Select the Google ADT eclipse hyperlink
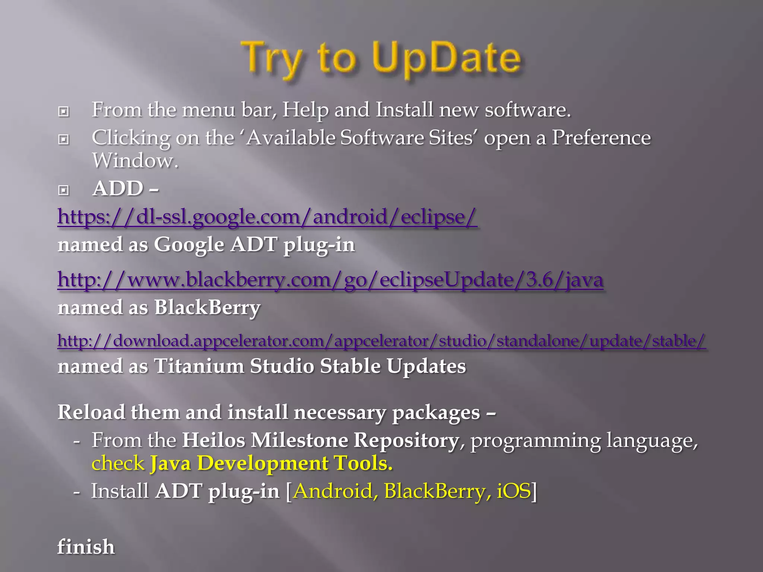(267, 216)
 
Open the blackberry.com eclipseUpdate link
(330, 280)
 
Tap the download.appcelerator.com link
(381, 340)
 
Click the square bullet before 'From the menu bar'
(64, 111)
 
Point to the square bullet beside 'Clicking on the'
(64, 139)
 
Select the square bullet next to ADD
(64, 190)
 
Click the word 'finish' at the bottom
(86, 547)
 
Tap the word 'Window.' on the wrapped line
(135, 161)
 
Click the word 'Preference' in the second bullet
(601, 138)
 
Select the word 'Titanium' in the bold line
(199, 366)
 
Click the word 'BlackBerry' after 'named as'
(207, 308)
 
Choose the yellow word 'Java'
(171, 464)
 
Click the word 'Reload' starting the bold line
(91, 413)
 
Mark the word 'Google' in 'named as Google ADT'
(189, 245)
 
